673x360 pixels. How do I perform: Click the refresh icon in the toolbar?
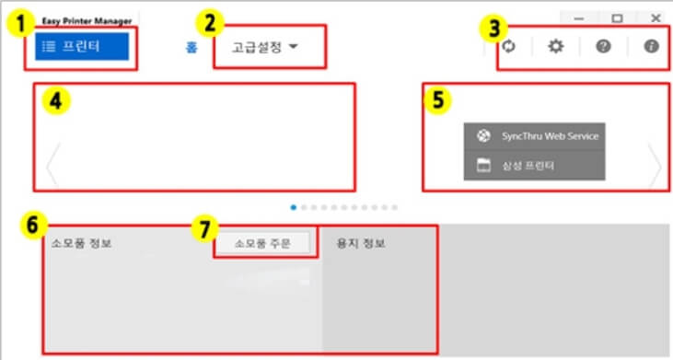click(x=509, y=46)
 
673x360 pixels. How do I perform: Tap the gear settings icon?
click(x=555, y=46)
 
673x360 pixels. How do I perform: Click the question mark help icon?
click(x=603, y=46)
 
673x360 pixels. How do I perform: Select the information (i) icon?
click(x=651, y=46)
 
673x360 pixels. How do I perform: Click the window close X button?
click(x=655, y=17)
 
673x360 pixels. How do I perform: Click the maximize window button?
click(x=617, y=17)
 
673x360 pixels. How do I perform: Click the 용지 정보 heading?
click(x=361, y=244)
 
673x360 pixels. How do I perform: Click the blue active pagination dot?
click(x=293, y=207)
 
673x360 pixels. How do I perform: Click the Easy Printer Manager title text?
click(x=87, y=20)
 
